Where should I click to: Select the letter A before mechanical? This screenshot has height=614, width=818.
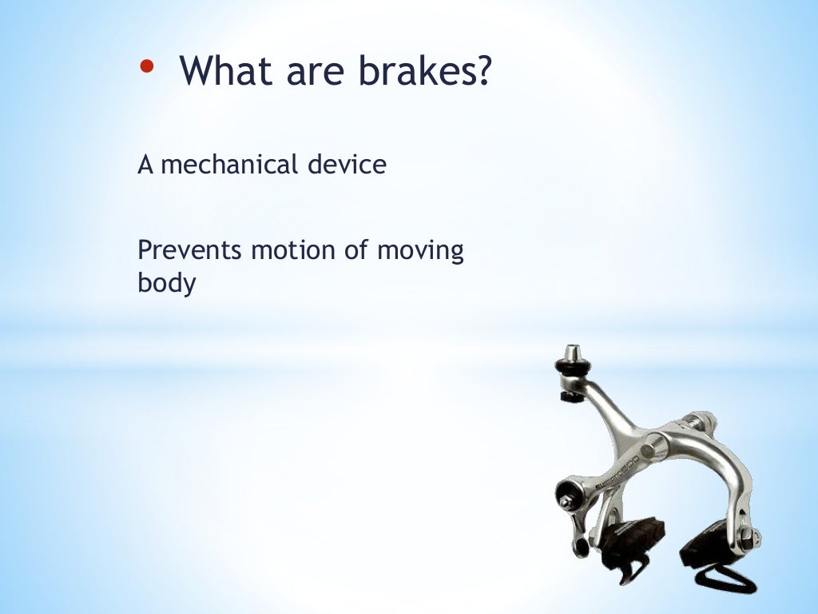(x=145, y=165)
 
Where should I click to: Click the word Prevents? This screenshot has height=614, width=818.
(x=189, y=250)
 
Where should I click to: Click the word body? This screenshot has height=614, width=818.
(x=166, y=283)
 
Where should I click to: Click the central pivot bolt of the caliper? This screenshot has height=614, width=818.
(x=655, y=445)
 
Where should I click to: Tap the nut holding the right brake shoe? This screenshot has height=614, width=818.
(x=747, y=536)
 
